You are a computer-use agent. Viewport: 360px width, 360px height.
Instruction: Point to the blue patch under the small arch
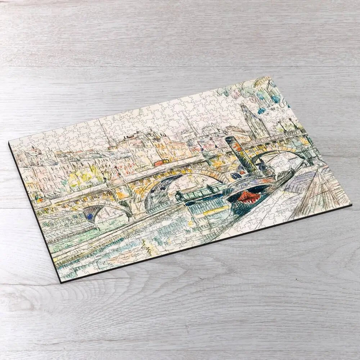[x=89, y=215]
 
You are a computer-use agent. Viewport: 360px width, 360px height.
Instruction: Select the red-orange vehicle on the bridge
[x=159, y=163]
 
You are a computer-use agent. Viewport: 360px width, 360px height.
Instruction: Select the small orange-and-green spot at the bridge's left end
[x=38, y=197]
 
